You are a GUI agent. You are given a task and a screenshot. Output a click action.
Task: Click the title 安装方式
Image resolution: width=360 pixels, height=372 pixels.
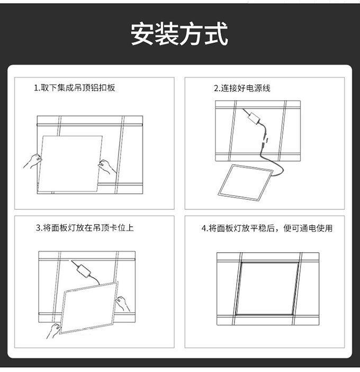click(x=179, y=33)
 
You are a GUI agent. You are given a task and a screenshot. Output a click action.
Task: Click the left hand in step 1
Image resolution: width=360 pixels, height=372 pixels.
click(x=33, y=161)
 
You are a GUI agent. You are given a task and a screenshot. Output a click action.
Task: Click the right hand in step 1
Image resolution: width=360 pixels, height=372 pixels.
click(x=107, y=167)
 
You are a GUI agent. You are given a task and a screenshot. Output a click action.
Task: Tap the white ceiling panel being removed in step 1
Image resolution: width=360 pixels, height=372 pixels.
click(x=70, y=164)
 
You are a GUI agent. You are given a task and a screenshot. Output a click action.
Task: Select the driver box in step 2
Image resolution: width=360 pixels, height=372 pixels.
click(x=254, y=118)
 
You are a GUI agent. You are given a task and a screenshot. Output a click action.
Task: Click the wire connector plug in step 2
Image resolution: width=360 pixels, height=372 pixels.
click(x=265, y=141)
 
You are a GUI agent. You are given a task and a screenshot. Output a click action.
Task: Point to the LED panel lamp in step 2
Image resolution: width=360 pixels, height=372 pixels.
click(x=245, y=182)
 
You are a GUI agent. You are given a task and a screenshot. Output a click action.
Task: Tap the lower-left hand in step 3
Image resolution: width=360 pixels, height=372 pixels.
click(x=53, y=331)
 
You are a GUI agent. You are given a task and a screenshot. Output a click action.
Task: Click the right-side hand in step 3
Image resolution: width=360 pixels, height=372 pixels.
click(x=123, y=303)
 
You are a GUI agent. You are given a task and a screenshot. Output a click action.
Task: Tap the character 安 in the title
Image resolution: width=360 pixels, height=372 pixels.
click(x=142, y=33)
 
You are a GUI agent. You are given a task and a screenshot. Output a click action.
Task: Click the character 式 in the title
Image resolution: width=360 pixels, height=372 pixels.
click(x=217, y=33)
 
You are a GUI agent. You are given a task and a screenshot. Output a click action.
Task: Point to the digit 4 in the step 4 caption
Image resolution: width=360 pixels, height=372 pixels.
click(x=204, y=228)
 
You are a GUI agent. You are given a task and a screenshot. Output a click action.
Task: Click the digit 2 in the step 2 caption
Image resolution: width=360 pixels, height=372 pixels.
click(x=216, y=88)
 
